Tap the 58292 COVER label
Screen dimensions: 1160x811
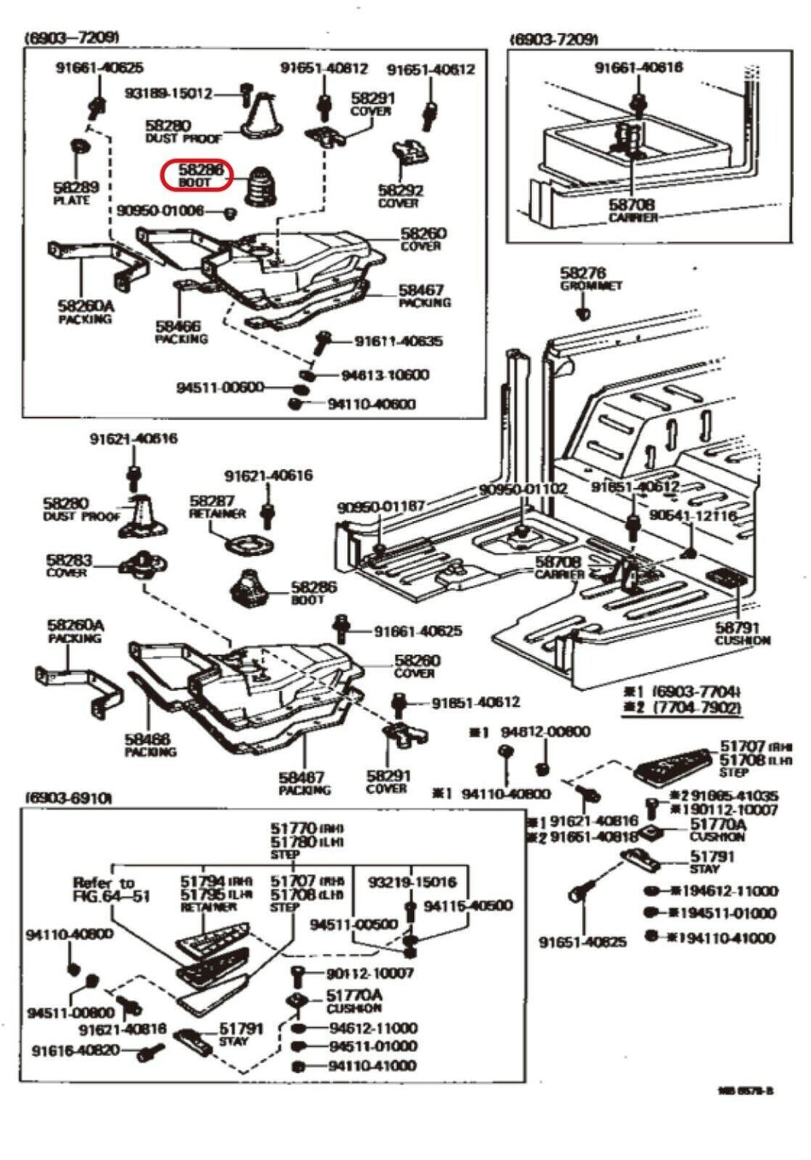coord(399,196)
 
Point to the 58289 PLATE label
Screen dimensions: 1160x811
coord(74,193)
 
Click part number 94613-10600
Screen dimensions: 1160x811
coord(385,375)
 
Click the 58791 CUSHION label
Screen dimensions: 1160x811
coord(742,634)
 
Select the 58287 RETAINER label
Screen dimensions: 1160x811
coord(216,507)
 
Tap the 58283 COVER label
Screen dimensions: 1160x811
coord(68,565)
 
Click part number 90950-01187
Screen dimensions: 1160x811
coord(380,507)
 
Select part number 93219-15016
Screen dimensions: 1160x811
coord(411,881)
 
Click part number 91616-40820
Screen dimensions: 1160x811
coord(76,1050)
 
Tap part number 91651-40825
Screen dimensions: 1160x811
coord(582,942)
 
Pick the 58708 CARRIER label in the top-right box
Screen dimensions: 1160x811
coord(632,211)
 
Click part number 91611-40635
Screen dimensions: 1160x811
coord(399,342)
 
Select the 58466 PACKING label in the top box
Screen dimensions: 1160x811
coord(180,332)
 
